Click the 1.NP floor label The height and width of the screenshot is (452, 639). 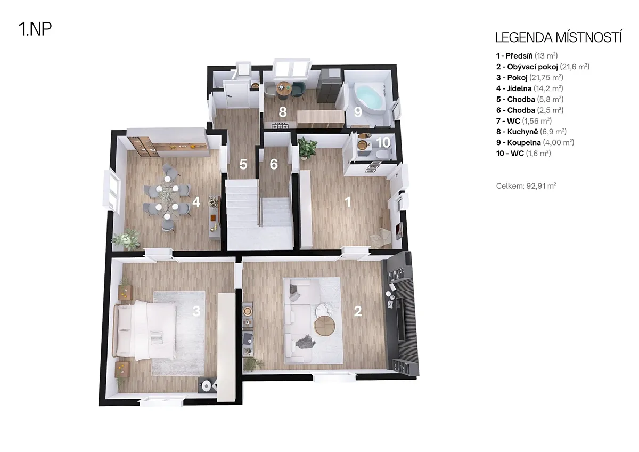pos(35,29)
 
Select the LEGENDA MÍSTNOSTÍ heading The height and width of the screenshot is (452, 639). pos(559,38)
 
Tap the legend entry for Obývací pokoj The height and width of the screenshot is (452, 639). pos(543,67)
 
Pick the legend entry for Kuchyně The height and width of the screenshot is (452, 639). pos(531,132)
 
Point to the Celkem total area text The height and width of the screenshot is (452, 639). pos(526,186)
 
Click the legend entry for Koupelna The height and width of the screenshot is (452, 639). pos(535,142)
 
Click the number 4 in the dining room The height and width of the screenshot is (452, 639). pos(196,202)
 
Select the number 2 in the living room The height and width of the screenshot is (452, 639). pos(358,311)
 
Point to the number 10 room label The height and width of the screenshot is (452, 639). pos(383,142)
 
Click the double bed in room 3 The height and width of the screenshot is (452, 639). pos(145,330)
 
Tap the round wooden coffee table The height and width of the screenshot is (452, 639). pos(325,326)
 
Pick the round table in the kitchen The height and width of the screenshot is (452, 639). pos(284,88)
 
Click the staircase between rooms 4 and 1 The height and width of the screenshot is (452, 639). pos(260,214)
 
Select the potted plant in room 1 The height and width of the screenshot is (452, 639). pos(307,147)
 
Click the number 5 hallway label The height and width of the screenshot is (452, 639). pos(243,164)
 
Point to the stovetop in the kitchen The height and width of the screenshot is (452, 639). pos(280,125)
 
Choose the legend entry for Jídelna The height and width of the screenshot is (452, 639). pos(529,88)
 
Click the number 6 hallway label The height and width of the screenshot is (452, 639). pos(274,164)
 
